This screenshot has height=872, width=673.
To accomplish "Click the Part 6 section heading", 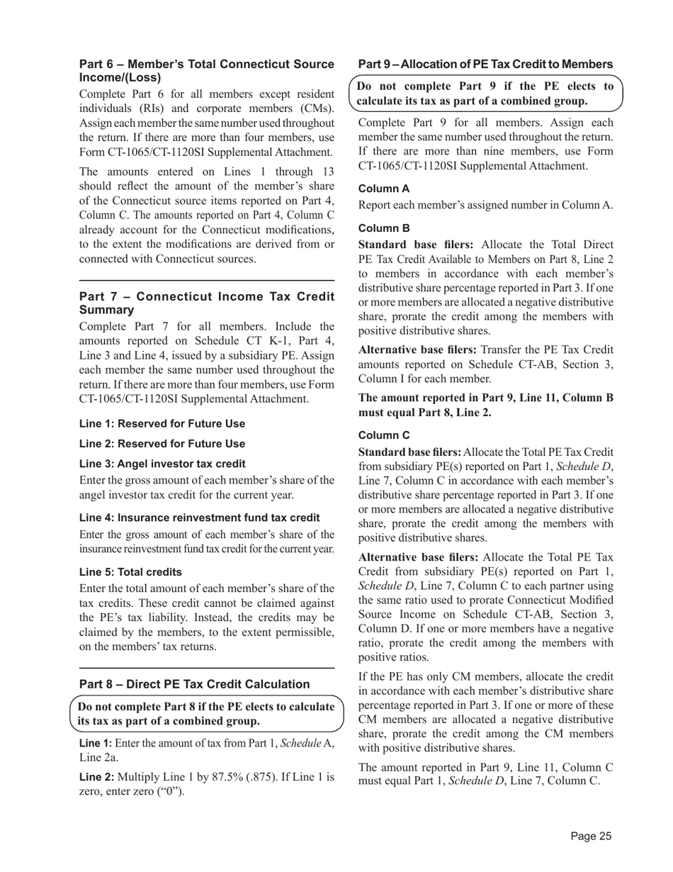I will point(206,71).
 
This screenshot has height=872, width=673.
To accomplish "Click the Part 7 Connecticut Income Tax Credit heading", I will point(206,303).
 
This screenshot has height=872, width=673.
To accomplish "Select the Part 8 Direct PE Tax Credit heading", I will point(194,684).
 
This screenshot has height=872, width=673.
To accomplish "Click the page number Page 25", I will point(591,837).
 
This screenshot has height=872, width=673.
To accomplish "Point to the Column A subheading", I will point(384,189).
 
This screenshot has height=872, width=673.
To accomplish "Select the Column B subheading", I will point(384,229).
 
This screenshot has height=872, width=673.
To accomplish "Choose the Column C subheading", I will point(384,435).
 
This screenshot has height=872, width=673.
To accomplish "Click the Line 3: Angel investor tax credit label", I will point(162,464).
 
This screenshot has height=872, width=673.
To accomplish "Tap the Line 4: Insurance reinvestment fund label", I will point(199,518).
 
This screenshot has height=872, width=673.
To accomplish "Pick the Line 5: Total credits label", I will point(130,572).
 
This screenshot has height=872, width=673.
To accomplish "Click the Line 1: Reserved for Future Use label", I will point(162,424).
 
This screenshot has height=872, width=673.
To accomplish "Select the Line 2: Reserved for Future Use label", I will point(162,444).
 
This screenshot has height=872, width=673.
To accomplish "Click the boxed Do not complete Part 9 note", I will point(485,94).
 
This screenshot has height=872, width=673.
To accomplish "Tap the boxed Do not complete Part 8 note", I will point(206,714).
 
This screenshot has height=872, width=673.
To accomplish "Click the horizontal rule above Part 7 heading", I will point(206,281).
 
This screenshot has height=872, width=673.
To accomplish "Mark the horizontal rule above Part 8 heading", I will point(206,668).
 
